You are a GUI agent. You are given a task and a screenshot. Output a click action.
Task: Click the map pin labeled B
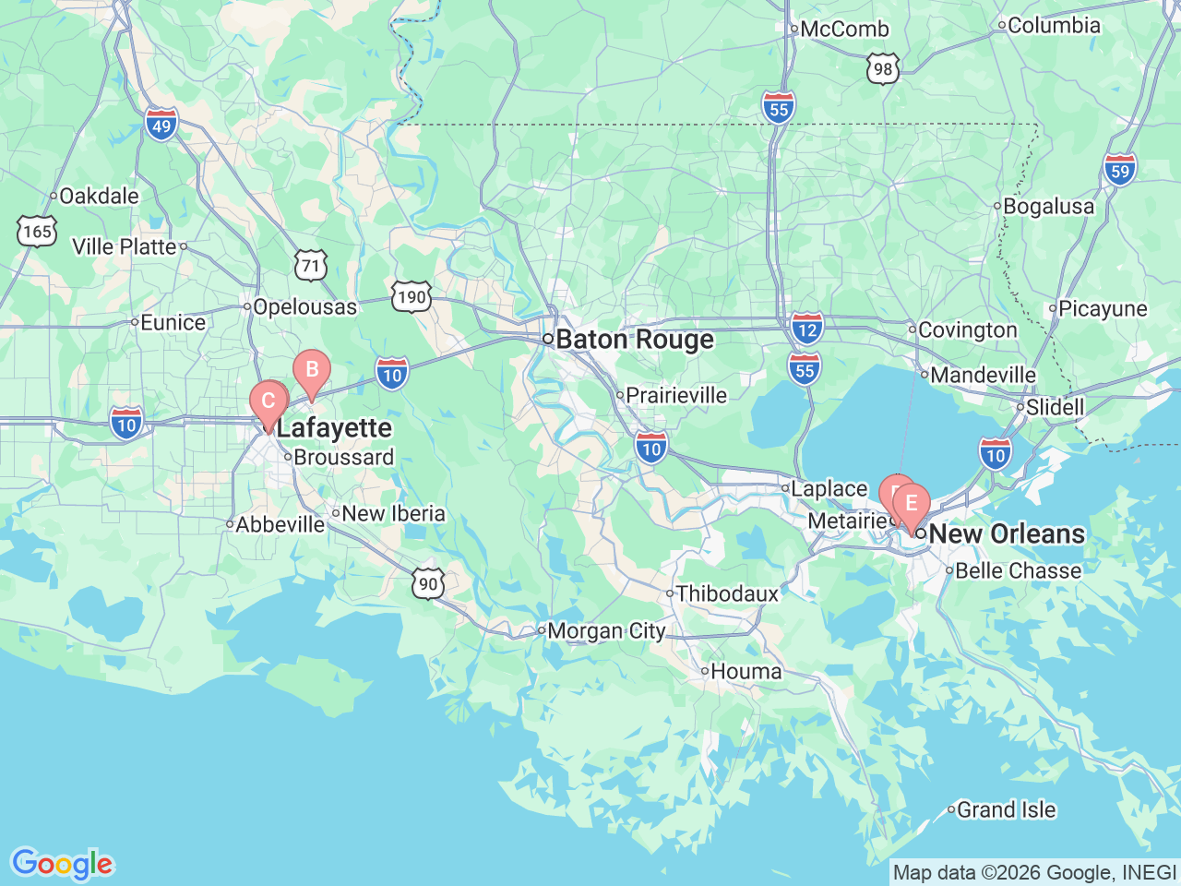coord(312,371)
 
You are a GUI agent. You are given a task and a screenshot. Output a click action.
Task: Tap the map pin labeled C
coord(268,401)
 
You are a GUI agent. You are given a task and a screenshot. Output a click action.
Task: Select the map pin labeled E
coord(912,504)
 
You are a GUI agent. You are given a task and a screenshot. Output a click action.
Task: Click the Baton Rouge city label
coord(635,340)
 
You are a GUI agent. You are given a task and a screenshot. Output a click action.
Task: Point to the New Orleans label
coord(1007,533)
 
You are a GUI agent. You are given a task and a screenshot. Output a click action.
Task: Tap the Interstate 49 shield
coord(161,125)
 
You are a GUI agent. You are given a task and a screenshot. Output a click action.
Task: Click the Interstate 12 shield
coord(806,329)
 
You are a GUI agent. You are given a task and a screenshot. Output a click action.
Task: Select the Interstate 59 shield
coord(1119,170)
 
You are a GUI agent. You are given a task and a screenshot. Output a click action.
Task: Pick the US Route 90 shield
coord(428,583)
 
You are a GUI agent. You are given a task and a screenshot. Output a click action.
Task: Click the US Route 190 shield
coord(411,296)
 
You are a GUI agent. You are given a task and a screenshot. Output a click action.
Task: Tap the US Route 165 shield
coord(37,231)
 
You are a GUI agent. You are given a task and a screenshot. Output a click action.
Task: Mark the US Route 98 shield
coord(883,68)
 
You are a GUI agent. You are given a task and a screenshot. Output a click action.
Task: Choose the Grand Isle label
coord(1006,809)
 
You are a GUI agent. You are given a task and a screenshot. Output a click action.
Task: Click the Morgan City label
coord(606,631)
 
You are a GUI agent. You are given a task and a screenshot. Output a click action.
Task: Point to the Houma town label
coord(746,671)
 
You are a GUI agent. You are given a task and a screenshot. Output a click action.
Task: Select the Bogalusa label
coord(1048,206)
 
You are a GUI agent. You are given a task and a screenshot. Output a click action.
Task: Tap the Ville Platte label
coord(125,246)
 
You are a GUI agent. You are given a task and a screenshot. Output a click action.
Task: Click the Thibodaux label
coord(727,593)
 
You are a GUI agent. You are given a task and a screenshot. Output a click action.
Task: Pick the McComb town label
coord(844,29)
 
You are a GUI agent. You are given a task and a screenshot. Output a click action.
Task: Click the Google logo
coord(62,864)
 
